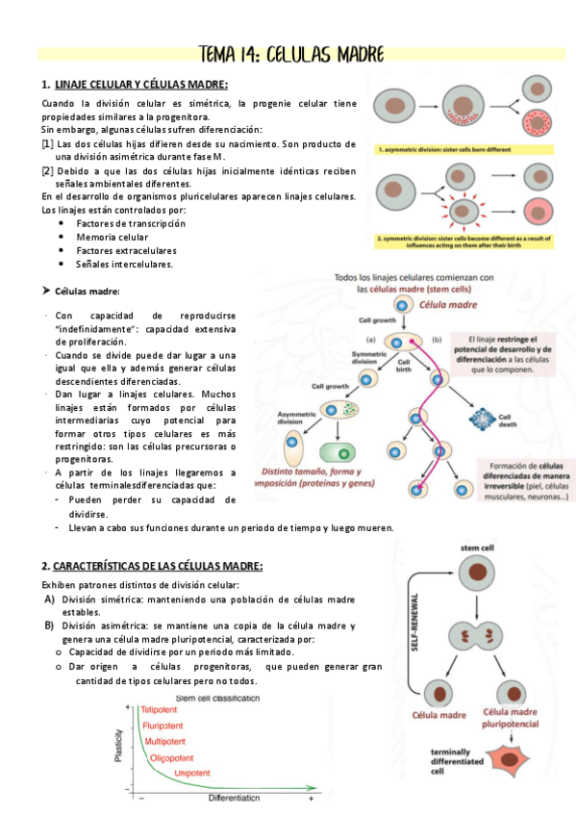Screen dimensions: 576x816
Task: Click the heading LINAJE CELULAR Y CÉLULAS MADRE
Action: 141,85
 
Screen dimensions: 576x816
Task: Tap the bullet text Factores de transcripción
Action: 130,223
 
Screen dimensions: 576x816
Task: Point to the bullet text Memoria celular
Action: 112,237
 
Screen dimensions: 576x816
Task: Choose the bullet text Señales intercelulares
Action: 124,264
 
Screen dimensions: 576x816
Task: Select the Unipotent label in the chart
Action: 192,773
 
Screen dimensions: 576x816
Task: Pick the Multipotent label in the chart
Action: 171,741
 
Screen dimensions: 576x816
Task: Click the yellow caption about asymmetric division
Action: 457,150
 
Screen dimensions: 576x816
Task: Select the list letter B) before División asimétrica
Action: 48,625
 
